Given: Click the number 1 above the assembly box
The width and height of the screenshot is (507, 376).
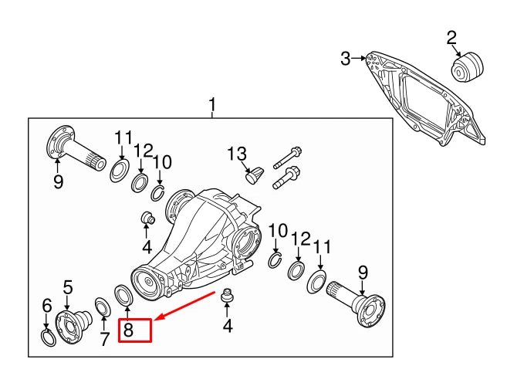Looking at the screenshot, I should click(x=213, y=105).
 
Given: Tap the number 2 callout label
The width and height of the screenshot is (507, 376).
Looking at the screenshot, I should click(x=451, y=36).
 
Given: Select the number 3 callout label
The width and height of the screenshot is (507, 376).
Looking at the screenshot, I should click(x=346, y=58).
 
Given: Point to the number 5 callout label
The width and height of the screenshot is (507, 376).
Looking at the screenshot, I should click(x=67, y=288).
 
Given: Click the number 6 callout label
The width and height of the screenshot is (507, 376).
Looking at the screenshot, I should click(x=46, y=305).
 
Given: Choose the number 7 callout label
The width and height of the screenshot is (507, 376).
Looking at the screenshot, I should click(x=104, y=339).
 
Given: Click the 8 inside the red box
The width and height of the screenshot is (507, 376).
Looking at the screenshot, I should click(x=129, y=330).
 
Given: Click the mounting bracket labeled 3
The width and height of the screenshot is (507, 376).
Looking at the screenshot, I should click(x=424, y=100).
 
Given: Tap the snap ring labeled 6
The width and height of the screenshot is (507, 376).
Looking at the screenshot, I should click(x=47, y=337).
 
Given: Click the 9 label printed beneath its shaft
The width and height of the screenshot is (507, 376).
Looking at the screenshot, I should click(x=58, y=183).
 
